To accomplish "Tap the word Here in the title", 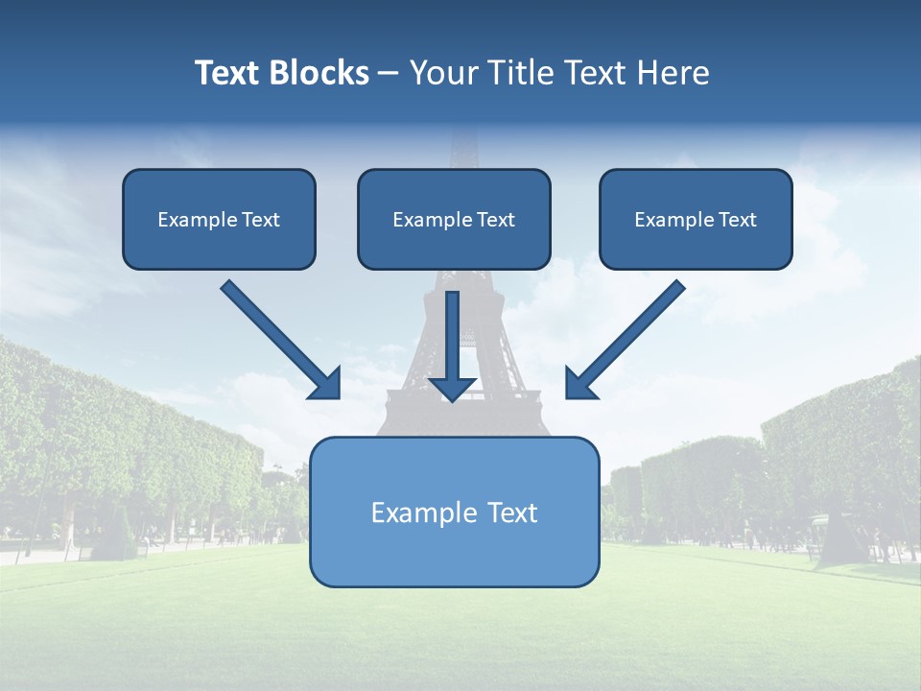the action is [x=675, y=73].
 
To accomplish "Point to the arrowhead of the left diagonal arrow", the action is [x=326, y=385].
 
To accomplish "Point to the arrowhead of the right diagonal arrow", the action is [x=579, y=385].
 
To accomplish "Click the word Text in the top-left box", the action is [x=261, y=220].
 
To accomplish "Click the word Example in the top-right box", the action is [x=668, y=220].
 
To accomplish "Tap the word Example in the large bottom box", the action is [x=416, y=512].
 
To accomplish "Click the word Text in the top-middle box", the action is [x=496, y=220].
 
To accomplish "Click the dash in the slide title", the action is [x=389, y=74].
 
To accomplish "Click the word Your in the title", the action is [x=447, y=73].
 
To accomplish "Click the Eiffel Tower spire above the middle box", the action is [x=464, y=149].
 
